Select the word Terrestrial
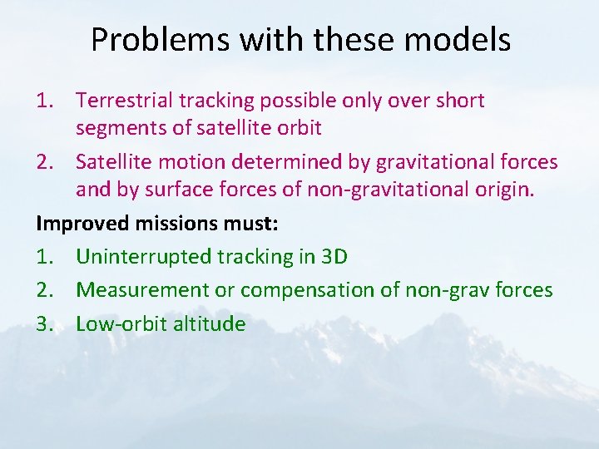click(127, 101)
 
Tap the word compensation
click(301, 289)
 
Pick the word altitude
click(210, 323)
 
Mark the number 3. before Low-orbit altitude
click(45, 323)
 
